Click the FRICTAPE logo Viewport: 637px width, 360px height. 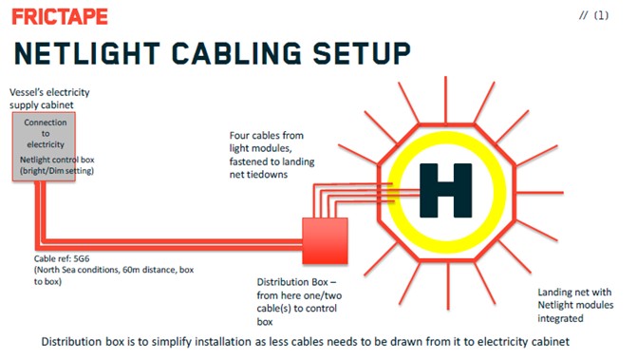[60, 17]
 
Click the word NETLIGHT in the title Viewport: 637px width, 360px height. [87, 53]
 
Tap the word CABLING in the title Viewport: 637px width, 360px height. [236, 53]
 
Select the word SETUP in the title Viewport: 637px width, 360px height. [362, 53]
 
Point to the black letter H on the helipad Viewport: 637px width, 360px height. [445, 190]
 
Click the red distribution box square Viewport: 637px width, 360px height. [325, 240]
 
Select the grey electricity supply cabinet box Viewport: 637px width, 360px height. [44, 146]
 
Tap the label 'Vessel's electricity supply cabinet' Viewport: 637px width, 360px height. [49, 99]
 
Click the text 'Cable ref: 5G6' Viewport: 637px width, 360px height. [62, 258]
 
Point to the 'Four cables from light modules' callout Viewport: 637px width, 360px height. [272, 155]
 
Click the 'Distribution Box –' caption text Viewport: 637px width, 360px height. [296, 282]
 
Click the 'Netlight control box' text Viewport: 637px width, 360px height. [57, 160]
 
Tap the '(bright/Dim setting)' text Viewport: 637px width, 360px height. [57, 171]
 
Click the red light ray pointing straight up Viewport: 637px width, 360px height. [445, 100]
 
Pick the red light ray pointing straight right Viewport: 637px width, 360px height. [540, 193]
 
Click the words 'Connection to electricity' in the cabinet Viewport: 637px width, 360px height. [46, 133]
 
